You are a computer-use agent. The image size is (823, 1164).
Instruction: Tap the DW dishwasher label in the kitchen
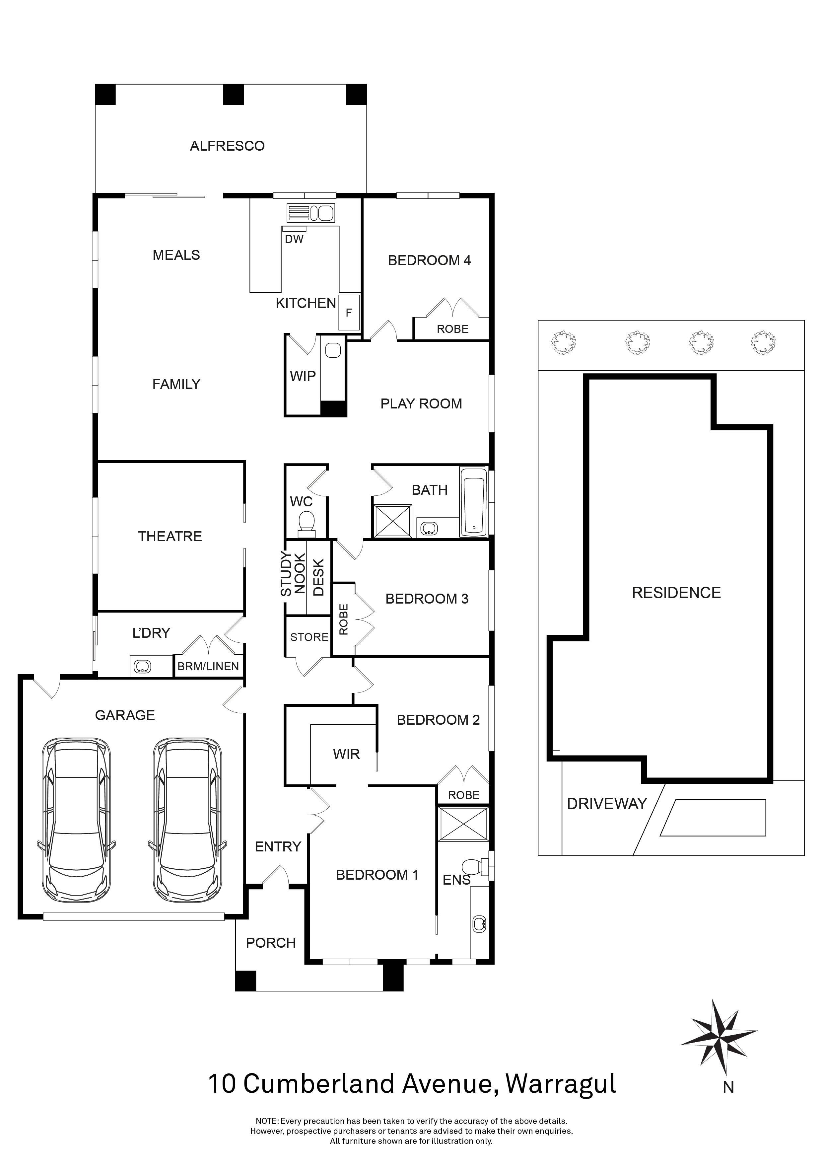294,239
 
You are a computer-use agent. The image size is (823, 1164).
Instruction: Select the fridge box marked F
349,312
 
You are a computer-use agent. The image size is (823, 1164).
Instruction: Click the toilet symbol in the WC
306,523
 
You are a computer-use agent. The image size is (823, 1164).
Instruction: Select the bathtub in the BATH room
474,502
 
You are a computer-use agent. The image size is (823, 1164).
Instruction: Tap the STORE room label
309,637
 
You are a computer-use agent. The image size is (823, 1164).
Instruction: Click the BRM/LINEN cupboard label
208,666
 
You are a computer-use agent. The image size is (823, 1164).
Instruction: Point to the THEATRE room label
170,536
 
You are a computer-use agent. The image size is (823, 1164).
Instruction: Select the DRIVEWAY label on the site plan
607,804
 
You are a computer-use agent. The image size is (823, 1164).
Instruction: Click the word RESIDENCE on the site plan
676,593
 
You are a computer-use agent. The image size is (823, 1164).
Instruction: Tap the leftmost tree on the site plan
562,343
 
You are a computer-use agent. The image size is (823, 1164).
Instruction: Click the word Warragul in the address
561,1084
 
